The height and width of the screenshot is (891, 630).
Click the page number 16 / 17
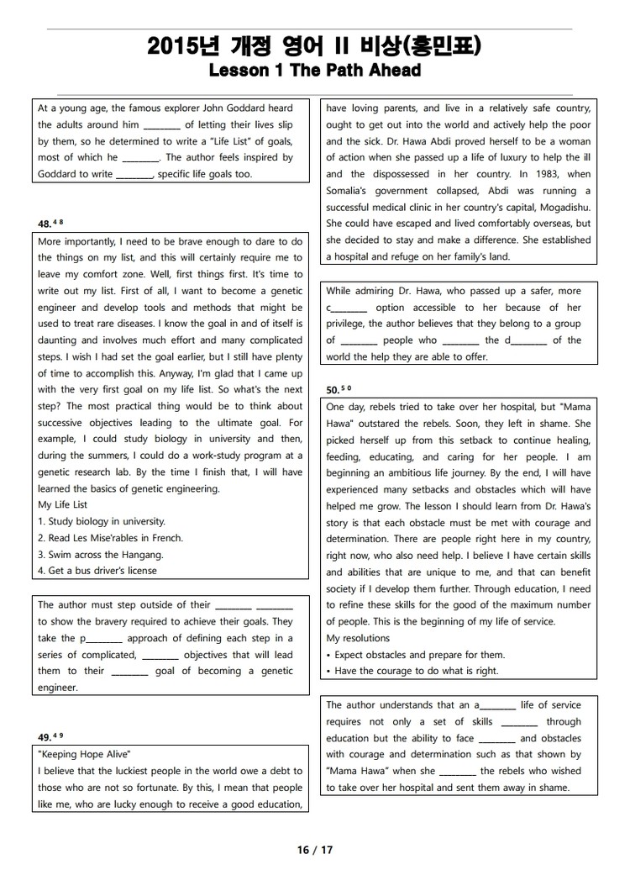(315, 850)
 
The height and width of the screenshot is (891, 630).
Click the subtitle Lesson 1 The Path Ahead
(314, 71)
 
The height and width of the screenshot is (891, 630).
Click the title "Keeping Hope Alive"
(84, 753)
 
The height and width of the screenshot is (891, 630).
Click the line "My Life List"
(62, 505)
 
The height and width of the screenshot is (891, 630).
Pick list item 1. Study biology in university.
(102, 521)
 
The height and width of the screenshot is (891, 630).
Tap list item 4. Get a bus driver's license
(97, 571)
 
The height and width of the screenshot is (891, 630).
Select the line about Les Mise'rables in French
(110, 538)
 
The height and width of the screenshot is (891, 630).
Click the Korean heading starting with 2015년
(314, 46)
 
